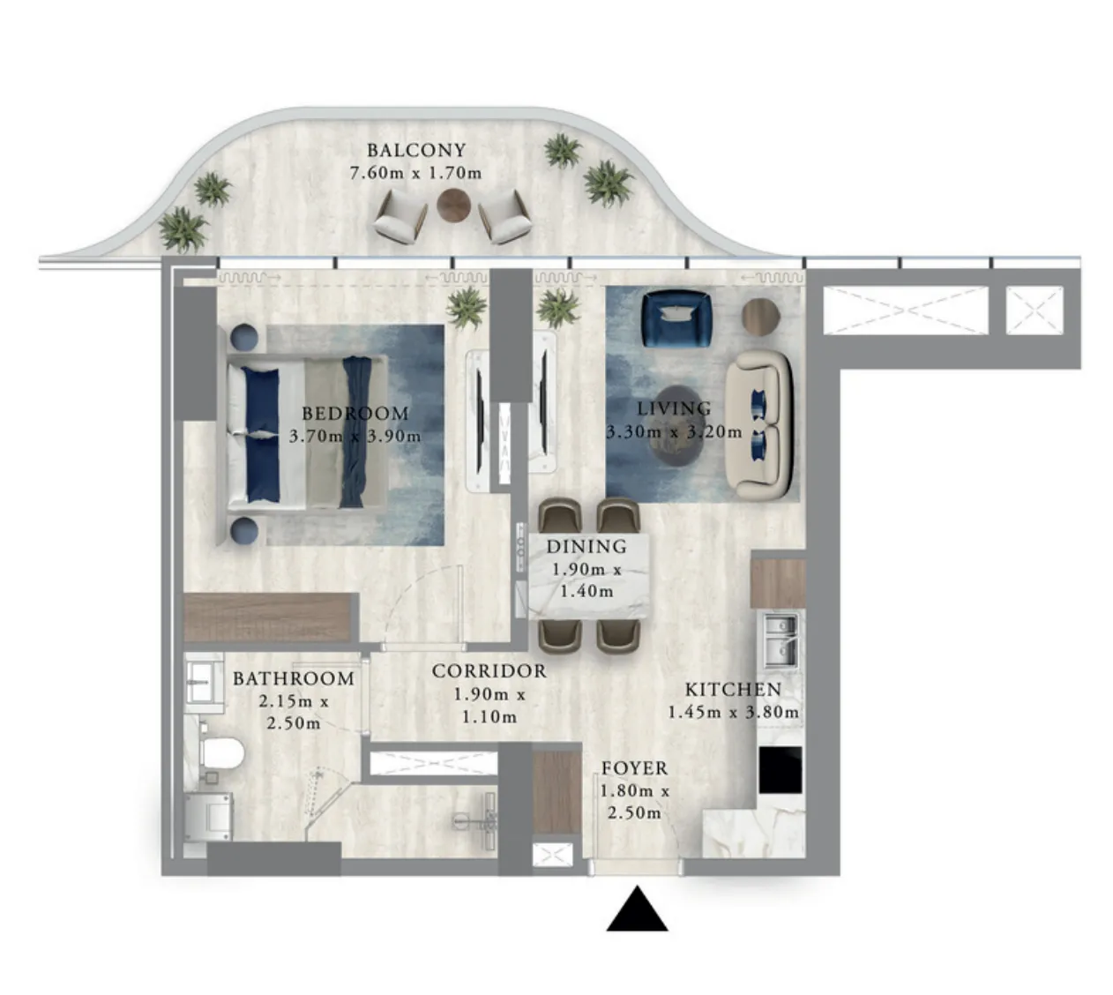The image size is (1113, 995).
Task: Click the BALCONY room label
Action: [416, 150]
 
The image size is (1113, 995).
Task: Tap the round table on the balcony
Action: [453, 206]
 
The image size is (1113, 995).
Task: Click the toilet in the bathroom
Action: [220, 752]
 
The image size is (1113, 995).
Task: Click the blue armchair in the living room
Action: [676, 318]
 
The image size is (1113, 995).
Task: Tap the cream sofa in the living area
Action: [759, 426]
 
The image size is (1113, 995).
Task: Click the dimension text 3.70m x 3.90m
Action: [355, 437]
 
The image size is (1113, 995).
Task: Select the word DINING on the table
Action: [586, 546]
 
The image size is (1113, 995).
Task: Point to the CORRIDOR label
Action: [489, 671]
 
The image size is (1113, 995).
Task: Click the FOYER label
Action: [634, 768]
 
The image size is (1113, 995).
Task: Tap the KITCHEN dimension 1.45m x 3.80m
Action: [733, 713]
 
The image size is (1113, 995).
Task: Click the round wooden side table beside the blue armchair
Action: [760, 317]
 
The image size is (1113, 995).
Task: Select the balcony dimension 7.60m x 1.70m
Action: [416, 173]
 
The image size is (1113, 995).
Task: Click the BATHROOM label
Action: [294, 678]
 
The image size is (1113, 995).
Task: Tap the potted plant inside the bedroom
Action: [467, 308]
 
